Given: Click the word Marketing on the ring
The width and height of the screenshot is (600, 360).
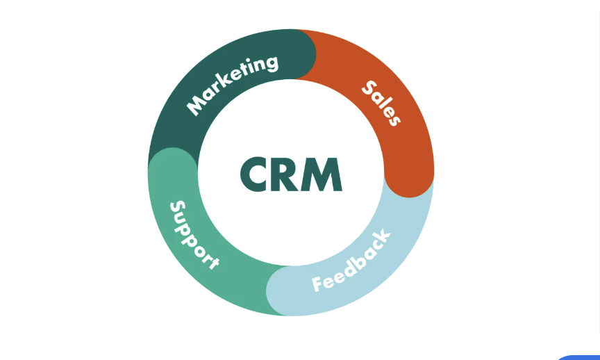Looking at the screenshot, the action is (232, 85).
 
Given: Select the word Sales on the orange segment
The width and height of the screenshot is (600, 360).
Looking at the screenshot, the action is (381, 103).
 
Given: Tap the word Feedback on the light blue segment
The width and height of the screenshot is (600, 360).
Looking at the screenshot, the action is (351, 261).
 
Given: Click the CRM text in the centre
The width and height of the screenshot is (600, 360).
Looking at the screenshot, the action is (291, 174).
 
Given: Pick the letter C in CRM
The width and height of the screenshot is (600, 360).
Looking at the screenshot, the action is (253, 174).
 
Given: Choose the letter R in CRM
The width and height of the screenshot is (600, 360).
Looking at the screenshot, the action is (284, 174).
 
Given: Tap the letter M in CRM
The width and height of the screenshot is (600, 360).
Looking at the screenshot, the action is (322, 174).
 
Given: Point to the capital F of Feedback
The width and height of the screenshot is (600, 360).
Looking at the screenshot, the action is (318, 284).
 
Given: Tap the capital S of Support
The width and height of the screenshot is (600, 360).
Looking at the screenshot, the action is (178, 208).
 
